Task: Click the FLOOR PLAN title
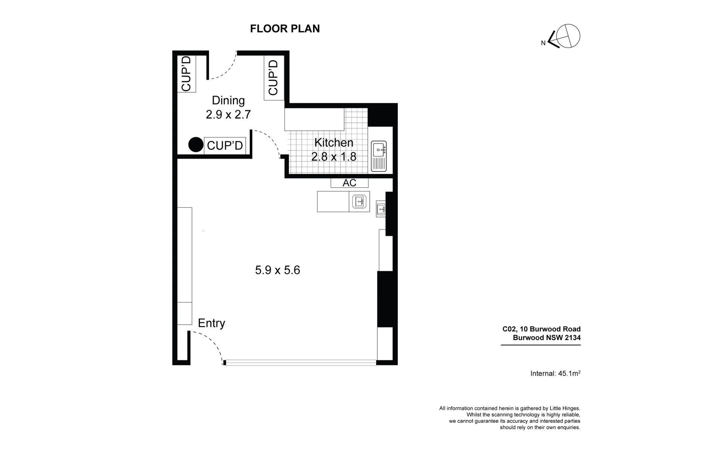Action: pyautogui.click(x=285, y=29)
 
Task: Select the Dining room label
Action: pyautogui.click(x=228, y=100)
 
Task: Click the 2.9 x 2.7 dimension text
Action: pyautogui.click(x=228, y=114)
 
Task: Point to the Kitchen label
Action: pyautogui.click(x=334, y=143)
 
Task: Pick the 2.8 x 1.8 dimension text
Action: pyautogui.click(x=334, y=156)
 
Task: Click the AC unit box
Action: pyautogui.click(x=349, y=183)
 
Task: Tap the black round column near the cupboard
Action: pyautogui.click(x=196, y=145)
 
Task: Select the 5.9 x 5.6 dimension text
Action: pyautogui.click(x=277, y=270)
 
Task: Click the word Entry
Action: pyautogui.click(x=211, y=323)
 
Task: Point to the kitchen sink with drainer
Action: pyautogui.click(x=379, y=156)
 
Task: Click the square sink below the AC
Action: pyautogui.click(x=360, y=202)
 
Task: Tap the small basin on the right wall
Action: pyautogui.click(x=381, y=209)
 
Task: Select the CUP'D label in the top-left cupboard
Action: pyautogui.click(x=187, y=74)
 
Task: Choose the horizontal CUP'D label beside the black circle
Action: pyautogui.click(x=225, y=145)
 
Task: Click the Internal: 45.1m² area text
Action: pyautogui.click(x=555, y=373)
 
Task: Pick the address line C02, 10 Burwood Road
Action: pyautogui.click(x=541, y=329)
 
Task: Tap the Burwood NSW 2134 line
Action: pyautogui.click(x=547, y=338)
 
